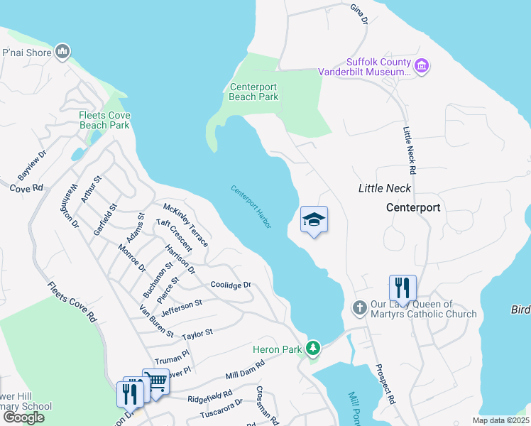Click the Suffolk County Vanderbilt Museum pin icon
pyautogui.click(x=422, y=66)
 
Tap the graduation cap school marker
pyautogui.click(x=314, y=220)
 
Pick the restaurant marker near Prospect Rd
pyautogui.click(x=403, y=288)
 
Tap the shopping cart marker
pyautogui.click(x=155, y=383)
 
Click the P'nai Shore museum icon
pyautogui.click(x=63, y=51)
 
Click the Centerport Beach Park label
pyautogui.click(x=254, y=92)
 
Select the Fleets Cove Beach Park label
pyautogui.click(x=104, y=120)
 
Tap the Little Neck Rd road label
pyautogui.click(x=409, y=151)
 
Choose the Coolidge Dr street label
pyautogui.click(x=231, y=285)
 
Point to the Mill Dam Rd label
pyautogui.click(x=245, y=369)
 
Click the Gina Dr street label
pyautogui.click(x=359, y=14)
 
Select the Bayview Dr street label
pyautogui.click(x=32, y=164)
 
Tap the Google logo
pyautogui.click(x=23, y=417)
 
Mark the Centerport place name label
pyautogui.click(x=413, y=208)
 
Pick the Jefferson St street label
pyautogui.click(x=182, y=307)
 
